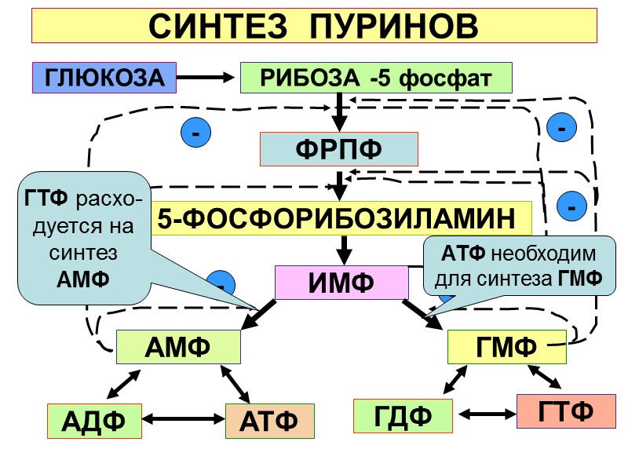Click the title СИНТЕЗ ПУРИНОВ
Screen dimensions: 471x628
313,27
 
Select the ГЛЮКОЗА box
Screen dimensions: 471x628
104,78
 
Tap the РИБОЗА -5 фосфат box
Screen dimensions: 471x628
375,78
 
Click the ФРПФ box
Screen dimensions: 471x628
338,148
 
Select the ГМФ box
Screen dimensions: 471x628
506,346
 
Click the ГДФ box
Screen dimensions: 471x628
403,415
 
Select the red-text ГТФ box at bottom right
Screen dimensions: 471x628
565,411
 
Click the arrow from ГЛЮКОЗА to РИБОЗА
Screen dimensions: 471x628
206,78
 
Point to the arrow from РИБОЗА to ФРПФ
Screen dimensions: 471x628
338,111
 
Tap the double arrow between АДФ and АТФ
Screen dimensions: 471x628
183,420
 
